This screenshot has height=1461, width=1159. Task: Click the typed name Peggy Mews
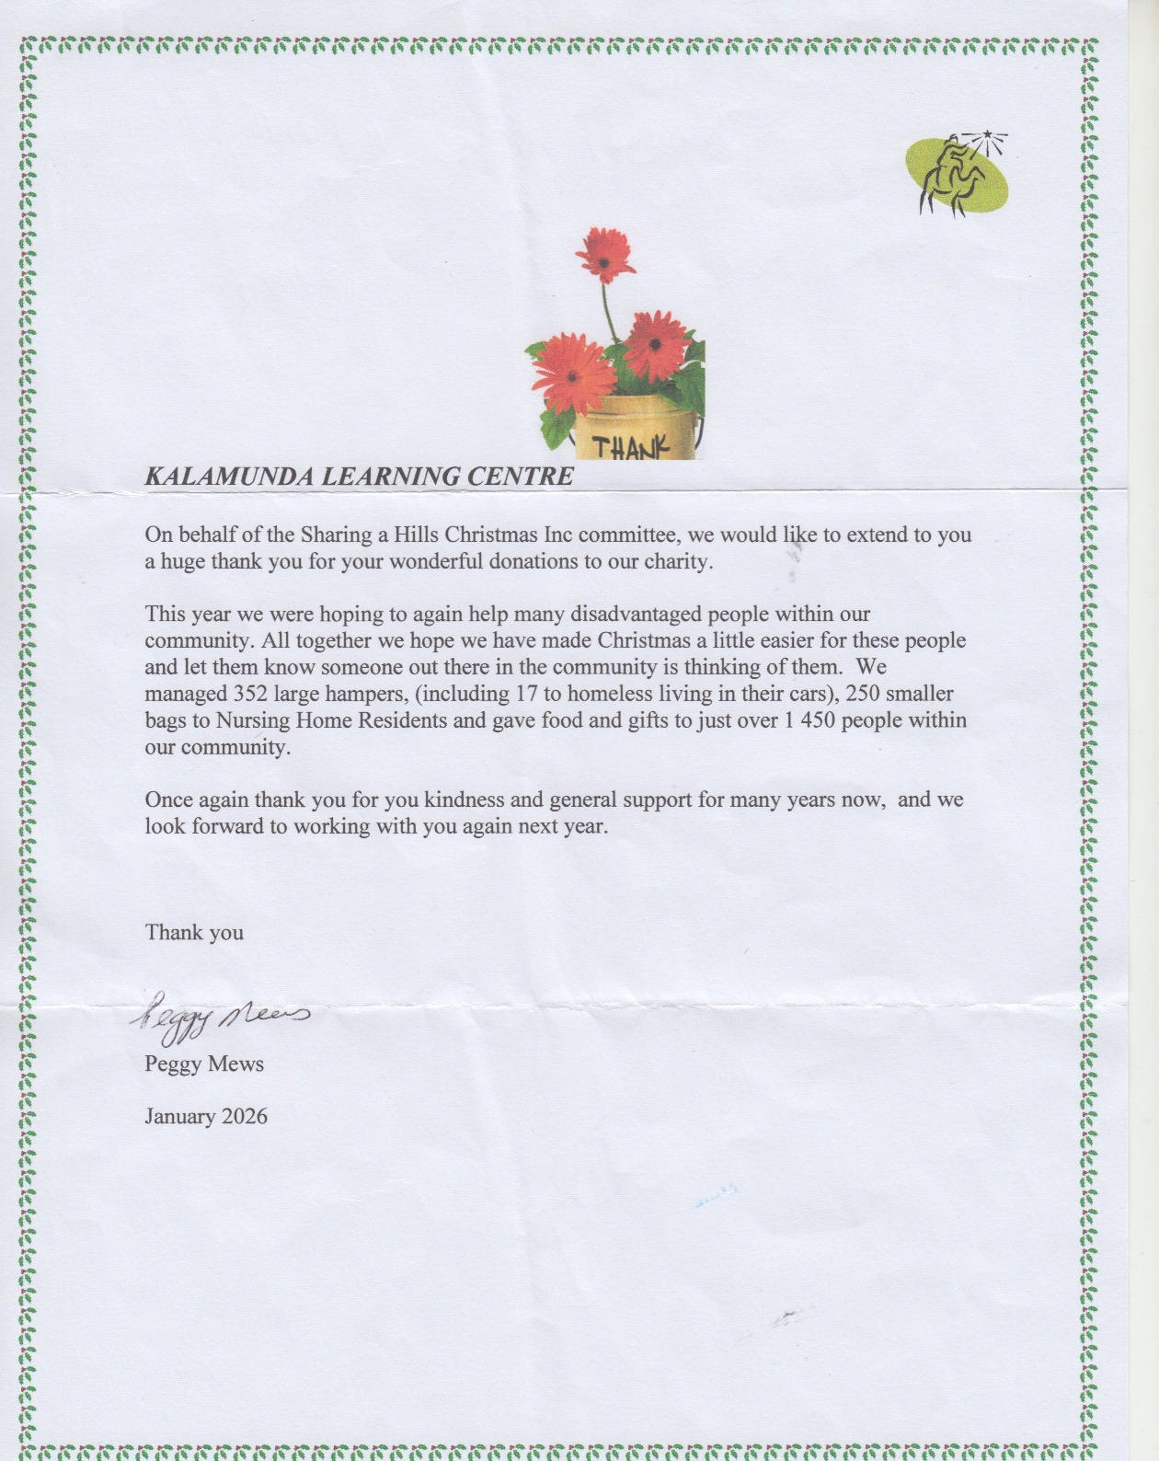204,1064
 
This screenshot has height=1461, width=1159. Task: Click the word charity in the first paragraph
678,561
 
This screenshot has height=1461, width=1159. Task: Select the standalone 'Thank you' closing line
194,933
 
